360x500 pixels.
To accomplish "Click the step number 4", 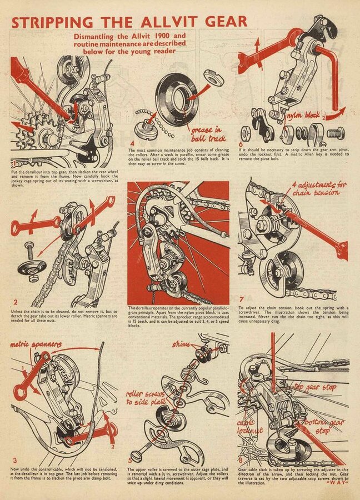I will [x=133, y=149].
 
